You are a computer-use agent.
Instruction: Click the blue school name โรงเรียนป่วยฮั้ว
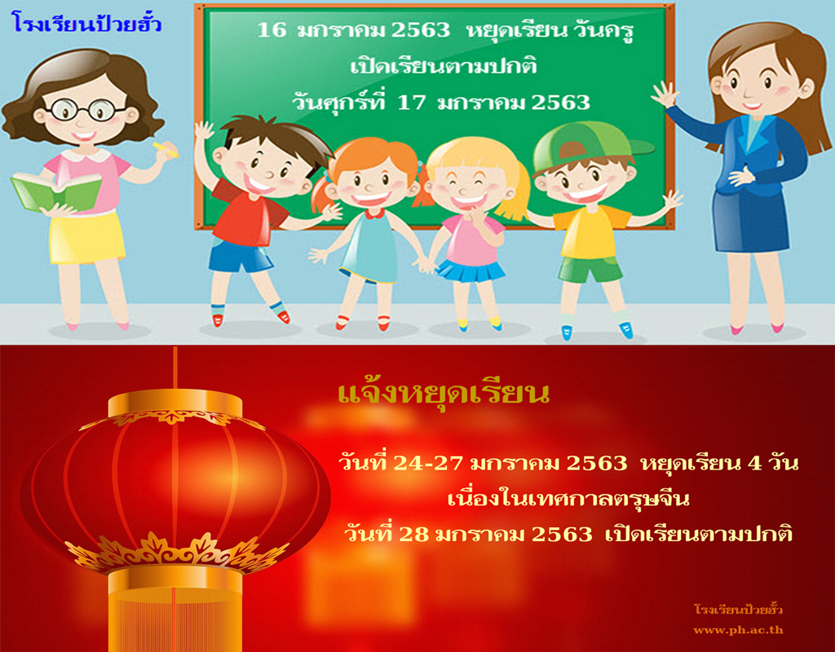click(x=86, y=24)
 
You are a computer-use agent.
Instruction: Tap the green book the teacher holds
click(x=56, y=192)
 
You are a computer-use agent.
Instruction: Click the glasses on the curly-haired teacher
click(x=85, y=110)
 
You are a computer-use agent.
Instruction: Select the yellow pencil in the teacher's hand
click(x=166, y=150)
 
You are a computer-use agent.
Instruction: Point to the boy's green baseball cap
click(x=589, y=143)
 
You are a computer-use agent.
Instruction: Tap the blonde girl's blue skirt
click(x=471, y=271)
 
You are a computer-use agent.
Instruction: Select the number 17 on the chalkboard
click(x=412, y=102)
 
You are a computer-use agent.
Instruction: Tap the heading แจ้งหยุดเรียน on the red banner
click(x=444, y=394)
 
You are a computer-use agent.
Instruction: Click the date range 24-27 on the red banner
click(x=427, y=463)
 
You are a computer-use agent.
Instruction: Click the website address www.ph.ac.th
click(x=738, y=630)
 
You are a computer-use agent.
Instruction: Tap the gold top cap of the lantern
click(x=175, y=403)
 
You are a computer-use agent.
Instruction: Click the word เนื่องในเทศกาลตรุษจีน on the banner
click(x=568, y=499)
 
